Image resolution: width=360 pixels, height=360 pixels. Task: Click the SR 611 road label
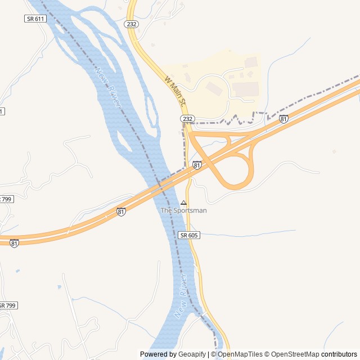[35, 19]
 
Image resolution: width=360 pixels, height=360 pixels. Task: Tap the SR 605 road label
[189, 235]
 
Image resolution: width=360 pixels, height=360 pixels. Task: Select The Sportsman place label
[183, 210]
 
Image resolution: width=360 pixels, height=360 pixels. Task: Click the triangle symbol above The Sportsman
[183, 202]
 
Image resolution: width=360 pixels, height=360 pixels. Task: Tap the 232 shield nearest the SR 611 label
[132, 24]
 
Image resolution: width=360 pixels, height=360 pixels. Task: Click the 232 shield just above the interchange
[187, 119]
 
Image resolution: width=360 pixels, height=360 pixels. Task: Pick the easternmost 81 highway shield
[283, 119]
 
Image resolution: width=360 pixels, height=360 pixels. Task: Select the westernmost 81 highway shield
[14, 243]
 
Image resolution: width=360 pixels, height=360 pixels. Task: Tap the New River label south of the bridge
[181, 296]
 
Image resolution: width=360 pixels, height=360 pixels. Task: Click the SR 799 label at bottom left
[8, 305]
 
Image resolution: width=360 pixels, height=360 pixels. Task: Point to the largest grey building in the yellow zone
[245, 89]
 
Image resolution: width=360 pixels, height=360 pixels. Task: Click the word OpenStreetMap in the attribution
[295, 354]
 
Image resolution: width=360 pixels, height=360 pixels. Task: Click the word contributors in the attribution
[339, 354]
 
